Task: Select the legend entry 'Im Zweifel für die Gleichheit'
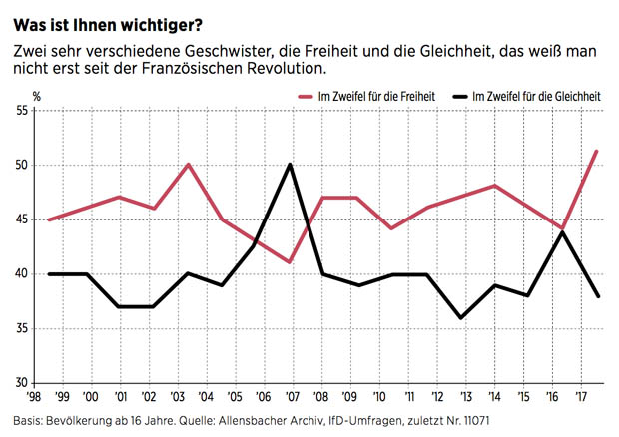point(534,95)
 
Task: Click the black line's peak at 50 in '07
point(290,165)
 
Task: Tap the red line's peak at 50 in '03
point(189,164)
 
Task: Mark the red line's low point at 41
point(290,262)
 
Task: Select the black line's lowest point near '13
point(462,317)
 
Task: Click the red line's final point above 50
point(596,151)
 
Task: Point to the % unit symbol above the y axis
point(37,96)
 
